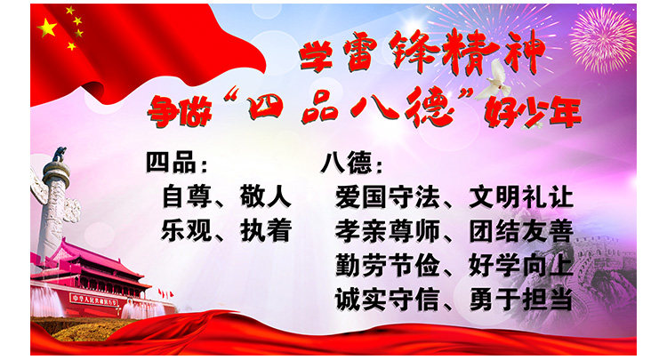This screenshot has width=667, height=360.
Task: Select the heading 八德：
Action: click(354, 164)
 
